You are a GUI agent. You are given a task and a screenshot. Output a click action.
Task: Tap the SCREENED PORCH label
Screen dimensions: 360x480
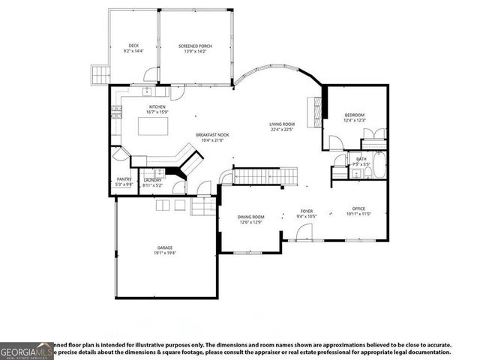(195, 46)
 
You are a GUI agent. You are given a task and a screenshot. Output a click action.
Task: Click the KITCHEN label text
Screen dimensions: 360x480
(157, 106)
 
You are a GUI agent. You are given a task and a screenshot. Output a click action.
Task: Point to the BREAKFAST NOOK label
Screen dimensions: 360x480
(212, 135)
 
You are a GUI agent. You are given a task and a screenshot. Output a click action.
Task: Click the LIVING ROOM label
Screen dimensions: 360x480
(282, 124)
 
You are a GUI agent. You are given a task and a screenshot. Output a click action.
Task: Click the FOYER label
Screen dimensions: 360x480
(307, 211)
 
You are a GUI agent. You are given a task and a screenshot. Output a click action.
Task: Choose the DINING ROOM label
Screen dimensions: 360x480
(251, 217)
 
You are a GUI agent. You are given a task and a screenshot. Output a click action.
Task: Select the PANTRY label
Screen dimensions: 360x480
(123, 179)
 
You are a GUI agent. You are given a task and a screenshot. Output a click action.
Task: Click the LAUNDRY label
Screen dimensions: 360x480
(153, 179)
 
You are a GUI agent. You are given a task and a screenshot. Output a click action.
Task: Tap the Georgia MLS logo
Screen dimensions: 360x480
(26, 350)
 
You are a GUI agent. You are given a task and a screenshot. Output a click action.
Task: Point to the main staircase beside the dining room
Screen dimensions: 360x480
(258, 176)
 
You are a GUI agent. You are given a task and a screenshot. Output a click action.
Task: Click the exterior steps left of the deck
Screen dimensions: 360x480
(97, 73)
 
